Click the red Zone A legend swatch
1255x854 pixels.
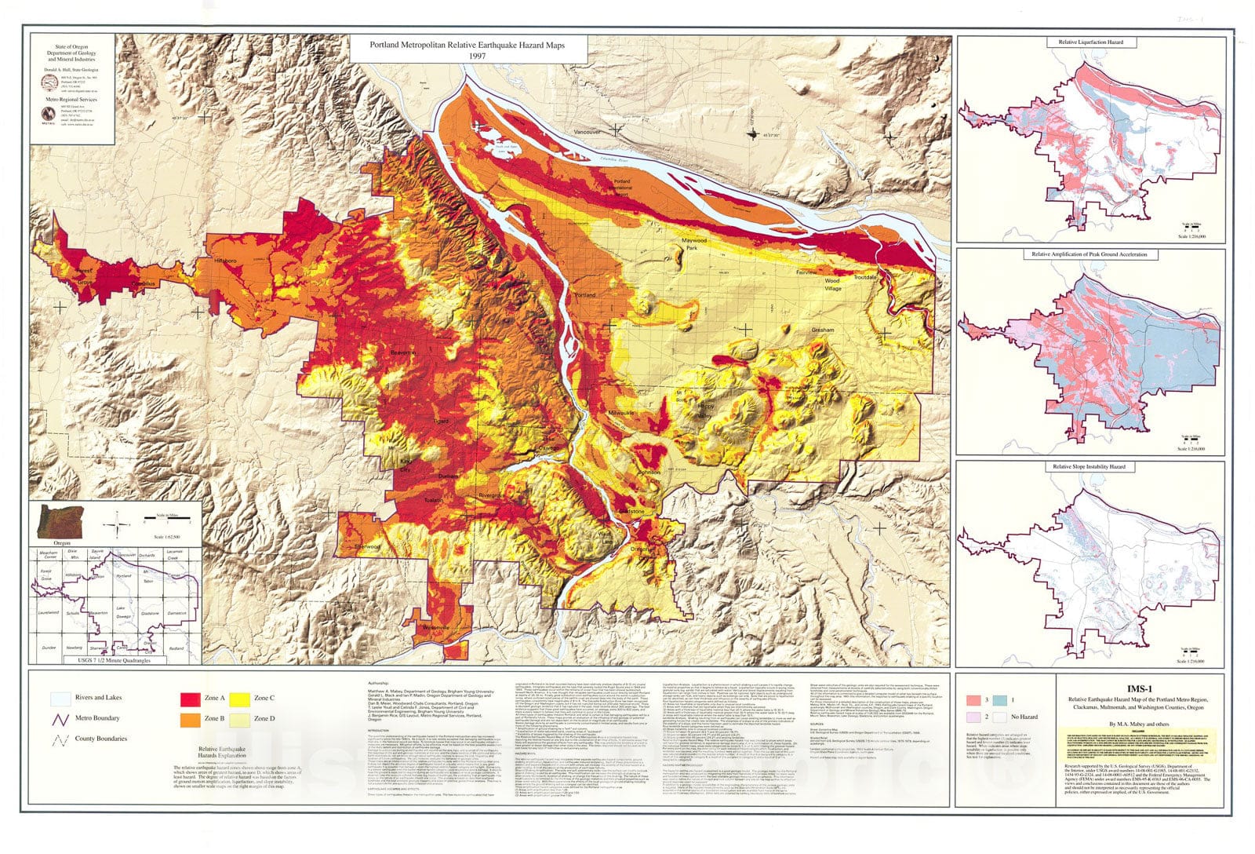point(192,698)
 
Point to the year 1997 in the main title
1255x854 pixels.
point(478,57)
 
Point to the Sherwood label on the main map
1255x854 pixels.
point(367,546)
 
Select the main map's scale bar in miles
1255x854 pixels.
point(167,520)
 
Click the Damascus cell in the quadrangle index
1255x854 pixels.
point(175,611)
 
